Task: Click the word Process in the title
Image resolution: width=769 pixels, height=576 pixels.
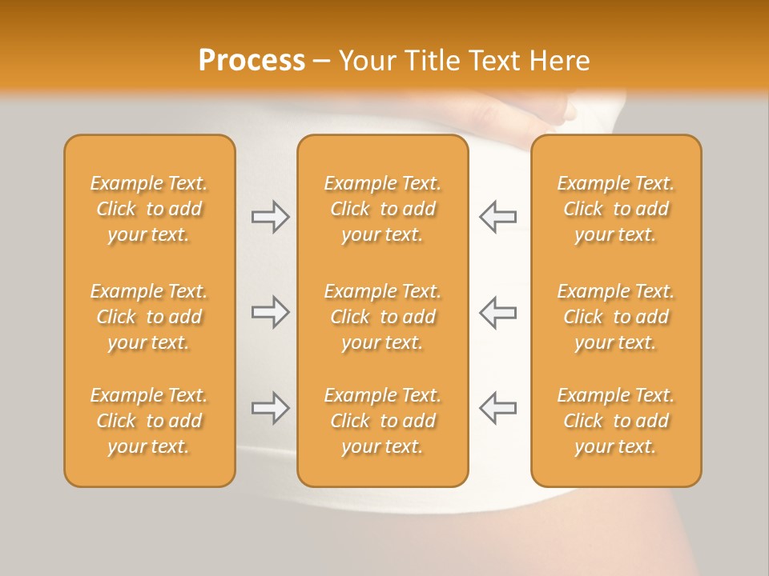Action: [x=252, y=61]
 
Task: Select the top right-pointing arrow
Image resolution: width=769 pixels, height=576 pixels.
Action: [x=270, y=217]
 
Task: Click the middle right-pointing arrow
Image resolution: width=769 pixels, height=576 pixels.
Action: [x=270, y=312]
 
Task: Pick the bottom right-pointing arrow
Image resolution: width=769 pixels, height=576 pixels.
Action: [x=270, y=408]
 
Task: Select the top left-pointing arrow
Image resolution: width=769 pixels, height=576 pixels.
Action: [x=497, y=217]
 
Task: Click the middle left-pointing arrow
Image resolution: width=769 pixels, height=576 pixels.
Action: [x=497, y=312]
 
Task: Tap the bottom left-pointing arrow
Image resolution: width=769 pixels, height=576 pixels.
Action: [x=497, y=408]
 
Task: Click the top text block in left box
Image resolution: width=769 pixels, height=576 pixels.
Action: [x=149, y=209]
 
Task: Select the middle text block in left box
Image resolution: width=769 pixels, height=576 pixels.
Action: [x=149, y=317]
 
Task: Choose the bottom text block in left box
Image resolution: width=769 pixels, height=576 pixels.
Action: [x=149, y=421]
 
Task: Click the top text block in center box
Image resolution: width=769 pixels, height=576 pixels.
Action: [x=383, y=209]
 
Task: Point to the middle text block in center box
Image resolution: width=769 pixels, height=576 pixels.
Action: [x=383, y=317]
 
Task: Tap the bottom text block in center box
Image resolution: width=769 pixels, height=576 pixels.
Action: [x=383, y=421]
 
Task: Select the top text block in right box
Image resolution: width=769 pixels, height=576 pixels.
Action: [x=616, y=209]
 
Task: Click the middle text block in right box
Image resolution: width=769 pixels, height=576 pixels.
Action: [x=616, y=317]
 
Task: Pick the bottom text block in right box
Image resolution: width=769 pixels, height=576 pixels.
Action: [x=616, y=421]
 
